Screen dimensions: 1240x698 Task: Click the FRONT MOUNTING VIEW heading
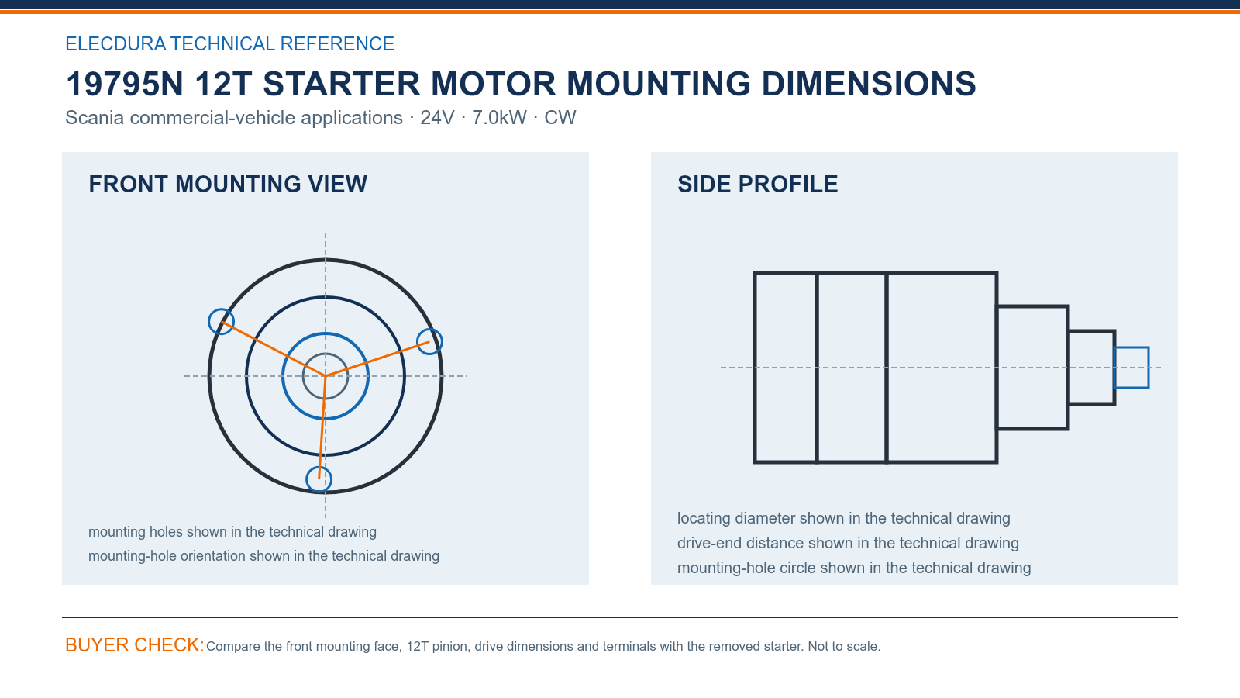tap(228, 185)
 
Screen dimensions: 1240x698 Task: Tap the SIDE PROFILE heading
tap(757, 185)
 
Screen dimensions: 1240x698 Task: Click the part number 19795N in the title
tap(124, 85)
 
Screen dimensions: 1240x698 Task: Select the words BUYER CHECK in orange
tap(135, 644)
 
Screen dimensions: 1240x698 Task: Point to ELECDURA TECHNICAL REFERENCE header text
tap(229, 43)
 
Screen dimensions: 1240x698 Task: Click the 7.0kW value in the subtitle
tap(499, 117)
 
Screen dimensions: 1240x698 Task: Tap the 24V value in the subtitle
tap(437, 117)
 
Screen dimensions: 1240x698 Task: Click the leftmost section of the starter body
tap(785, 368)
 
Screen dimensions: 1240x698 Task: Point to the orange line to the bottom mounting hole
tap(322, 427)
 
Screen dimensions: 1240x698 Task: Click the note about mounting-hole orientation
tap(263, 555)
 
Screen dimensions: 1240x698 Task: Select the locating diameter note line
tap(844, 518)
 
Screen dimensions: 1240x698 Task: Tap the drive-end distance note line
tap(848, 543)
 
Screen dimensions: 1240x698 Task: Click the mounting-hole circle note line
tap(854, 568)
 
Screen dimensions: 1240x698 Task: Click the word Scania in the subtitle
tap(95, 117)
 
